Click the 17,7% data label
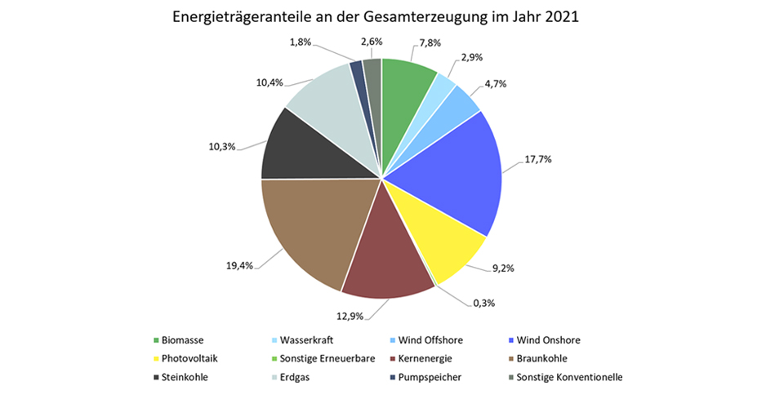coord(539,159)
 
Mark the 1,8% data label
coord(301,42)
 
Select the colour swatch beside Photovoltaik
coord(156,358)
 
